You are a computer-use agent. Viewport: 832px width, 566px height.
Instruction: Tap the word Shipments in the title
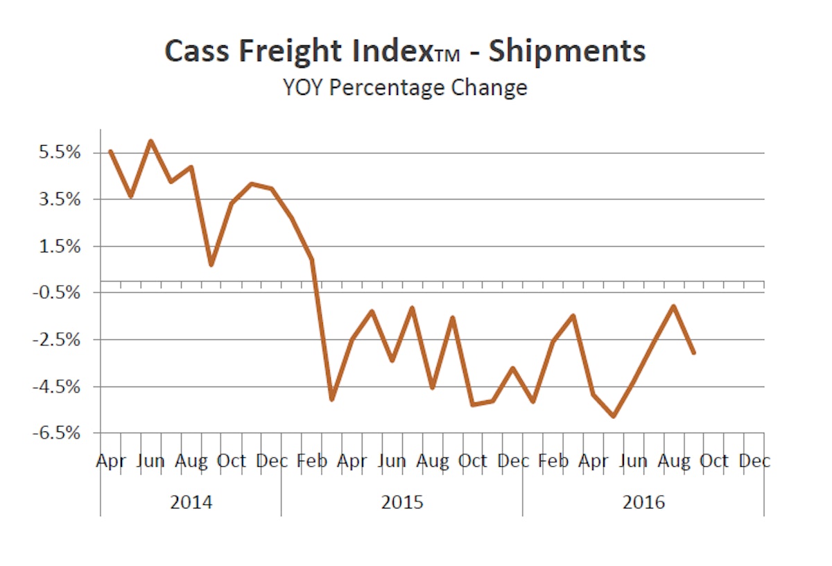pos(567,52)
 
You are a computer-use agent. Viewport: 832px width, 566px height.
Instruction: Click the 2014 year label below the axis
pos(191,501)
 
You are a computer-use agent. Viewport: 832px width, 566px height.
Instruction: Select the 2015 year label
pos(402,501)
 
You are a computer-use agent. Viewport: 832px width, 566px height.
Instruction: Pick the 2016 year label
pos(643,501)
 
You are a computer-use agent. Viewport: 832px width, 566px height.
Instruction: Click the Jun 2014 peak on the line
pos(151,141)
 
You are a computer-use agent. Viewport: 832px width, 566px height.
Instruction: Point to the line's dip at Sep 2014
pos(211,264)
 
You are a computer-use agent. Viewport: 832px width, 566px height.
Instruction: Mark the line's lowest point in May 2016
pos(614,416)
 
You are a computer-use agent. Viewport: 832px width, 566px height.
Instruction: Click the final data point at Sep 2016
pos(693,352)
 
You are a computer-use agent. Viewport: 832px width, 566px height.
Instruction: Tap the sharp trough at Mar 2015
pos(331,400)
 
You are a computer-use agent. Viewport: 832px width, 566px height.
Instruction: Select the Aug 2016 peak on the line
pos(673,306)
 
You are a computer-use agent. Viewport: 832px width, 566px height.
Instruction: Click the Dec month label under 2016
pos(754,461)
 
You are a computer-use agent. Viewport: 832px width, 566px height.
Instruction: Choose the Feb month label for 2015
pos(311,461)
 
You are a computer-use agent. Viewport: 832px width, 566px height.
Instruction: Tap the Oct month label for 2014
pos(231,461)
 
